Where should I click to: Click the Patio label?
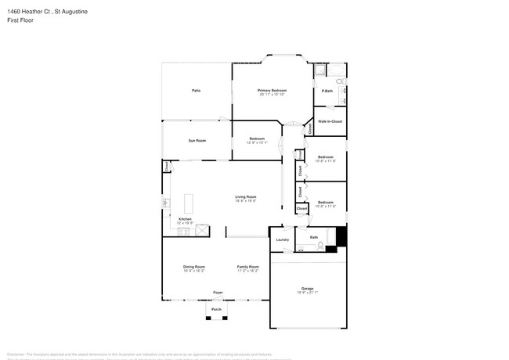coord(196,91)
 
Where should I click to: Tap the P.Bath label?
coord(327,92)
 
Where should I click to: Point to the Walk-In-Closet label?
coord(330,121)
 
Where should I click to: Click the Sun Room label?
coord(197,140)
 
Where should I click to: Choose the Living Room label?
coord(247,196)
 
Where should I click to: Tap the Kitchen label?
coord(185,218)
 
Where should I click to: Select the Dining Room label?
coord(194,267)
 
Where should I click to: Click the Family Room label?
coord(248,267)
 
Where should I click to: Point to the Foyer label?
coord(218,293)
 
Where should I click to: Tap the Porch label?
coord(217,309)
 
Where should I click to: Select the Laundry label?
coord(283,239)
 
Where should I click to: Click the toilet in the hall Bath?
coord(321,247)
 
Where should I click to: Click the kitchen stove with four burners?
coord(203,230)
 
